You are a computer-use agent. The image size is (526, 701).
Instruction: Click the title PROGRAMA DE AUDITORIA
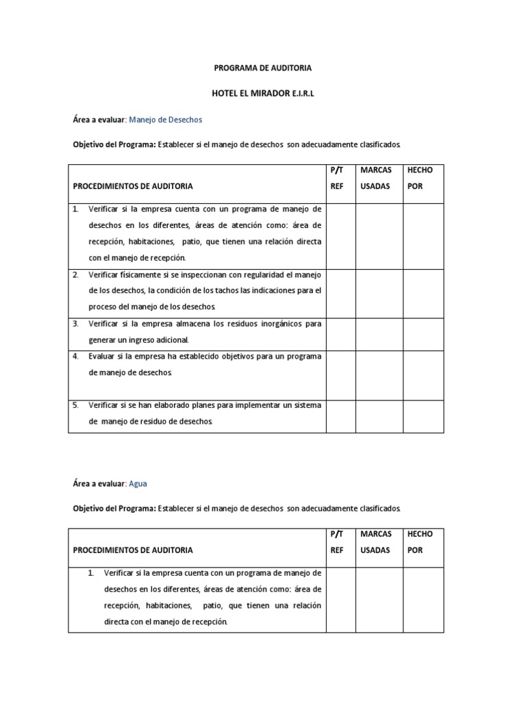[x=263, y=68]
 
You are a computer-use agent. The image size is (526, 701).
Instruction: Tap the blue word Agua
[x=138, y=483]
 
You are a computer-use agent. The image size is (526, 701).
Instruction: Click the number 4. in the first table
[x=76, y=356]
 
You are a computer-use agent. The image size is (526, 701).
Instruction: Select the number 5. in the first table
[x=76, y=405]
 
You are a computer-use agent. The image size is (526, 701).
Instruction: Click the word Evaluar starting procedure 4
[x=102, y=356]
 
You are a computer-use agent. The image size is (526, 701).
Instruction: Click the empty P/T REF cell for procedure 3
[x=340, y=331]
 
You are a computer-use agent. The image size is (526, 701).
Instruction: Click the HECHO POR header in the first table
[x=419, y=177]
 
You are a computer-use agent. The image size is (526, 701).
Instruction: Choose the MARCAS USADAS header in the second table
[x=375, y=541]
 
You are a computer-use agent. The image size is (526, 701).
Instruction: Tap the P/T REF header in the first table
[x=336, y=177]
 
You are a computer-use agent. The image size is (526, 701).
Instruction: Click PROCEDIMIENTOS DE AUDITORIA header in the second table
[x=133, y=550]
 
